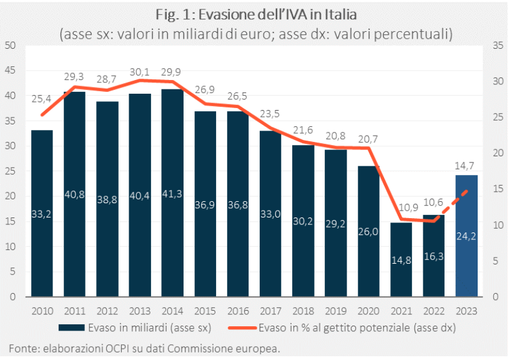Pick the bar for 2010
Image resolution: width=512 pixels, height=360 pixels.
41,212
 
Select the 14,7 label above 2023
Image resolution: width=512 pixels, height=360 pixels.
466,166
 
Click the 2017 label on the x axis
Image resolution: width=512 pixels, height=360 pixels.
270,310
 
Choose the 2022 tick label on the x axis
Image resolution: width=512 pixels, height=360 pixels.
433,310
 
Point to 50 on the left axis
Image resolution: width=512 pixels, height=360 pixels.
10,46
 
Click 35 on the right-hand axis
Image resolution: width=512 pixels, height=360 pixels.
498,46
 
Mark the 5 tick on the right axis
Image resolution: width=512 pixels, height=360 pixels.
496,261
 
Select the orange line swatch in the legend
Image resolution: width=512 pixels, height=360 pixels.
245,327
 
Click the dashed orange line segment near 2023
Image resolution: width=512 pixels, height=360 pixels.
456,201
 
